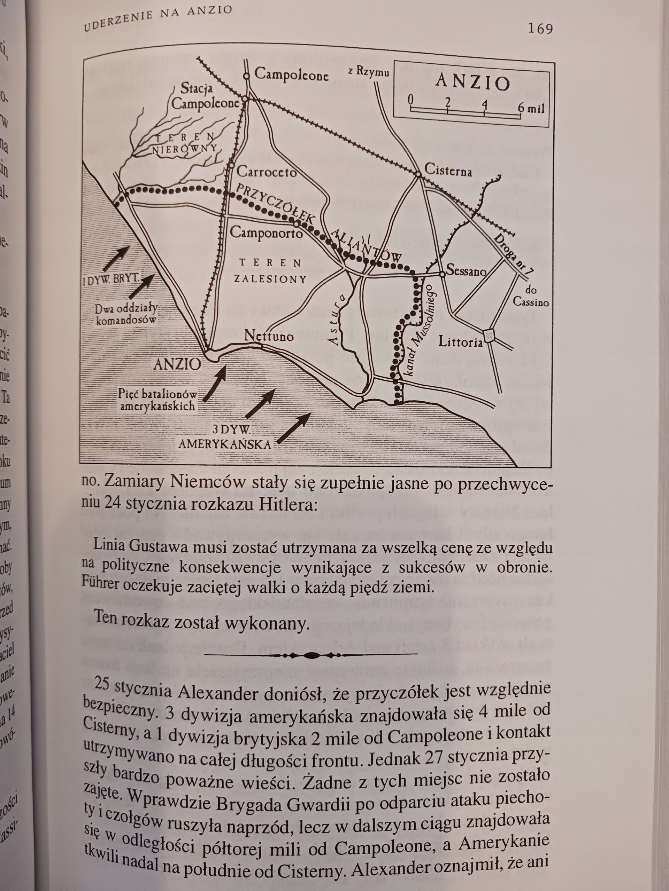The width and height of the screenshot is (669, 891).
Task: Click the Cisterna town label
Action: [448, 172]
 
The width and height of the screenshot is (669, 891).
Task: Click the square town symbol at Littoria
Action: [489, 336]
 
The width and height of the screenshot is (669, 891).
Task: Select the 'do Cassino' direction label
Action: [536, 296]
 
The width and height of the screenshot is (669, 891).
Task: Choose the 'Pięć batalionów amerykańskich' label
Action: [157, 399]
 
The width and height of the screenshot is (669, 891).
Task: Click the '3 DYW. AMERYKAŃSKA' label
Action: [225, 437]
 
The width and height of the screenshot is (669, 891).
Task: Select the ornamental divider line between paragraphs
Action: [311, 655]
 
